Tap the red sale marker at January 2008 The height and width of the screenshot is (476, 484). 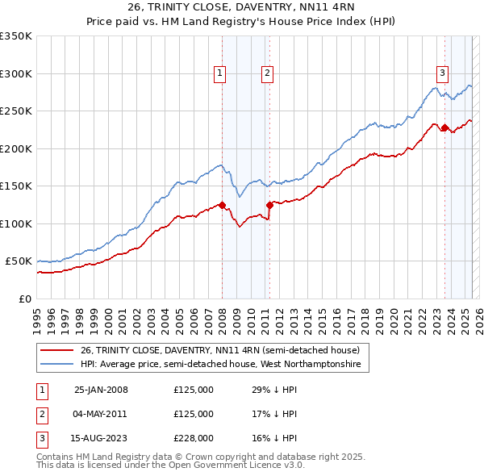(222, 205)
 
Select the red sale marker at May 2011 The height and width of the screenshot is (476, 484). (269, 205)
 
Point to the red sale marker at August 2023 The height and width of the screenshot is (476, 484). (444, 127)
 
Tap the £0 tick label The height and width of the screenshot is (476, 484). (25, 299)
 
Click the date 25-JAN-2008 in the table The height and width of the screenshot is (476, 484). (101, 390)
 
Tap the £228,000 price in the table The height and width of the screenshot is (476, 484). (194, 438)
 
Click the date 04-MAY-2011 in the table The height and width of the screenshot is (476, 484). (101, 414)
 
